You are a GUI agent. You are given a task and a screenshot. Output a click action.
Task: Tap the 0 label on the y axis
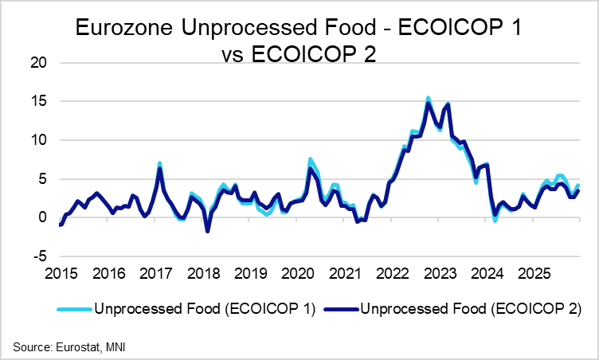pos(45,217)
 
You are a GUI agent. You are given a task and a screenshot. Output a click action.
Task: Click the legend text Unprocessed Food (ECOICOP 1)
pos(204,308)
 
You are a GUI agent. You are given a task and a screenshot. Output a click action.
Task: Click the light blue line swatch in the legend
pos(72,308)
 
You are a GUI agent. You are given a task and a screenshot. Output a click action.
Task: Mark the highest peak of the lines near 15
pos(429,99)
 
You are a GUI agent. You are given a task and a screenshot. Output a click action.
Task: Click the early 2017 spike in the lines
pos(160,164)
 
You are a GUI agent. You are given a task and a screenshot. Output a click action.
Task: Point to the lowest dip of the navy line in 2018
pos(208,231)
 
